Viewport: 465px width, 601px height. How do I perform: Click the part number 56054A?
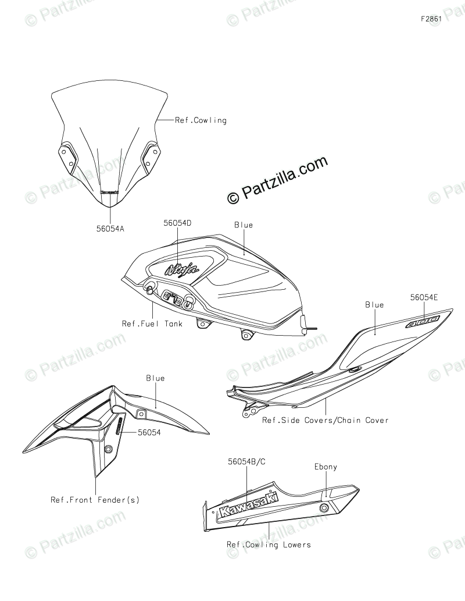[110, 229]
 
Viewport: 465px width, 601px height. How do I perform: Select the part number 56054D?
[178, 223]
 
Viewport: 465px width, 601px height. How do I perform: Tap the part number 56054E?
[424, 297]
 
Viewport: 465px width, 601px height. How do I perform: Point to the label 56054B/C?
[247, 461]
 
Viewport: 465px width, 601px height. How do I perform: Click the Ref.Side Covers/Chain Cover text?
[325, 419]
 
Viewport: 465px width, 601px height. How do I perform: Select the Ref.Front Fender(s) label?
[95, 499]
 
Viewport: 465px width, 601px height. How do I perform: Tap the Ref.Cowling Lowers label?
[269, 545]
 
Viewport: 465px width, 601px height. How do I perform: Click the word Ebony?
[325, 467]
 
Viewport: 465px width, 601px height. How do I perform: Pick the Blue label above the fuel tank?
[244, 225]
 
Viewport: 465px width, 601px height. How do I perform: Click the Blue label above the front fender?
[155, 378]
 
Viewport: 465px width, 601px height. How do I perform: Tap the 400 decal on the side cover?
[423, 322]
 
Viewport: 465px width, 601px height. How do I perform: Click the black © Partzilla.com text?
[278, 180]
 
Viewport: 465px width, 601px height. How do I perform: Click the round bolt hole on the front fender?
[108, 450]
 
